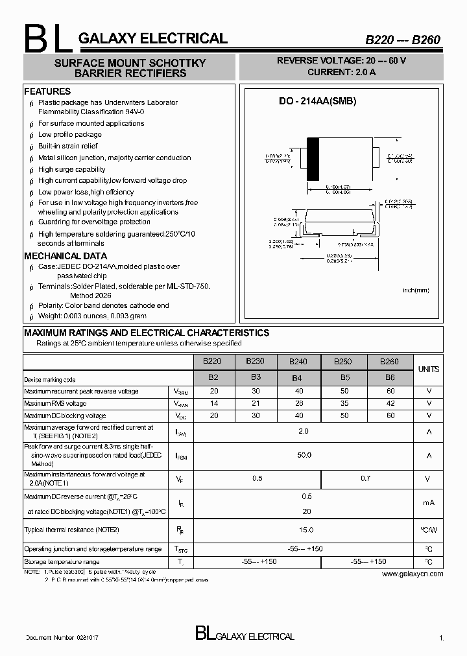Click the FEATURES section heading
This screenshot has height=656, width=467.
point(47,91)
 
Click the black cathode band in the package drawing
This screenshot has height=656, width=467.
point(313,159)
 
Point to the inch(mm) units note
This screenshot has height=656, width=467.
point(416,290)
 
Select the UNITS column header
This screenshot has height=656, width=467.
point(428,369)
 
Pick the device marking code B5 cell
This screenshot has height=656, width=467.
point(344,377)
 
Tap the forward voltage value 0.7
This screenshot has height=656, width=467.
point(366,478)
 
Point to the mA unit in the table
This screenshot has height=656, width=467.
point(428,502)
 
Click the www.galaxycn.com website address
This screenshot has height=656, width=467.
point(412,574)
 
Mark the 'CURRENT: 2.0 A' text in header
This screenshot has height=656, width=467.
point(341,72)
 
